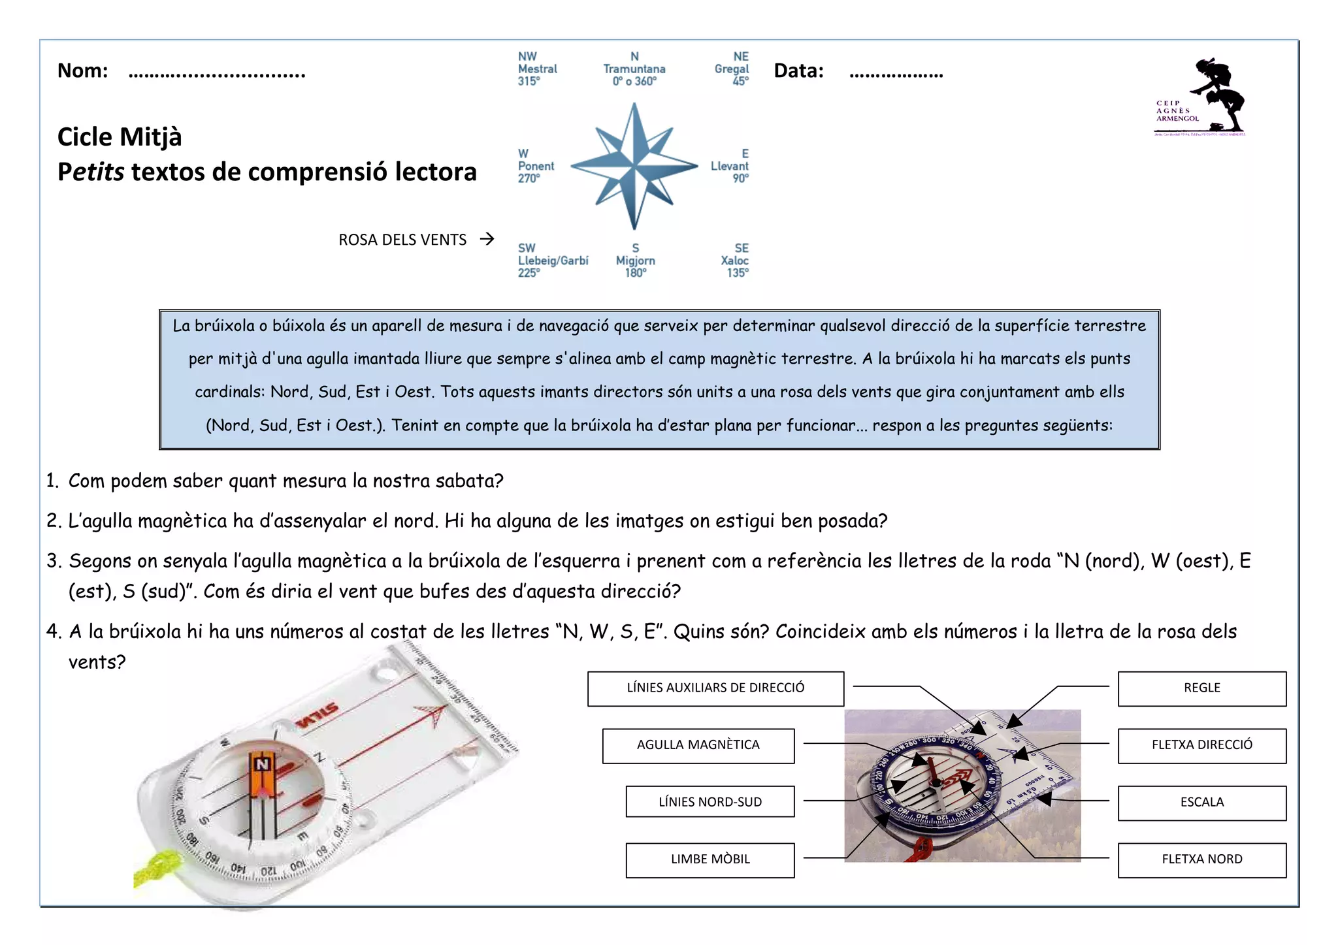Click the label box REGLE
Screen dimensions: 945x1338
pos(1201,688)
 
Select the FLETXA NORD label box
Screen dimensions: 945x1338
pos(1201,859)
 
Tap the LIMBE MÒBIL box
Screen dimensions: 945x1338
pos(710,859)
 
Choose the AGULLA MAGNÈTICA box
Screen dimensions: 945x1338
pos(698,745)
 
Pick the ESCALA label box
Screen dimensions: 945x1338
pos(1201,803)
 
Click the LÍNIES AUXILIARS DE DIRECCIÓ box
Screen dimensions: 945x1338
pos(715,688)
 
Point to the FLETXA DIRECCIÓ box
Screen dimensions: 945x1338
pos(1201,745)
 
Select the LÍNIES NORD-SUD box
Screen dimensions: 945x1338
pos(710,802)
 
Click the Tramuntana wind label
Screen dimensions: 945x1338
pos(634,69)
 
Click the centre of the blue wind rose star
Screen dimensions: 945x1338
pos(634,165)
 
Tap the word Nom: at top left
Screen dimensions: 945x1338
pos(82,71)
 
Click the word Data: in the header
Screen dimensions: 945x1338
pos(798,71)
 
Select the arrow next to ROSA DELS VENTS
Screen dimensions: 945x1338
pos(487,239)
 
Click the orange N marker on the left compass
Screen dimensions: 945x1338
pos(262,765)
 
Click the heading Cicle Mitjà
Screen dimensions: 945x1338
pos(120,137)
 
